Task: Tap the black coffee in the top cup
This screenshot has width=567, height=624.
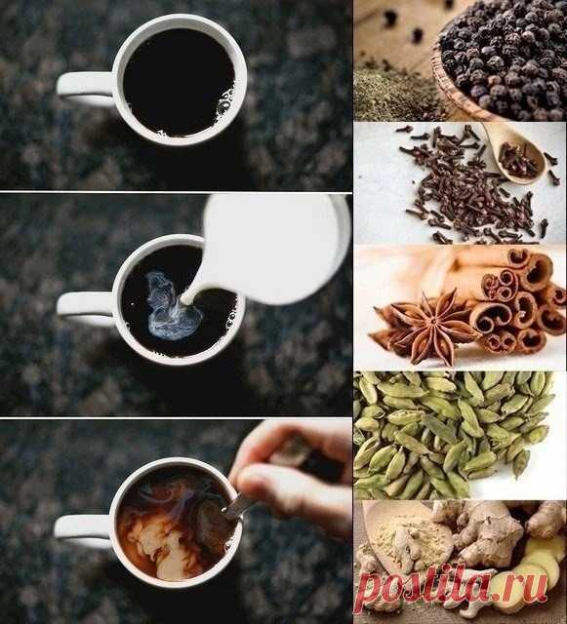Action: (x=180, y=82)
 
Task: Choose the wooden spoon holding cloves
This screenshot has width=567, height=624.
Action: (x=514, y=153)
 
